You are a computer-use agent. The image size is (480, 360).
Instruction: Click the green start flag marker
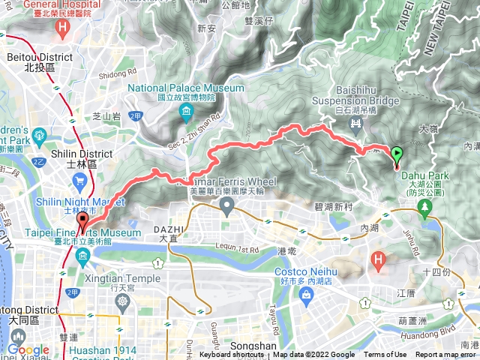pos(396,156)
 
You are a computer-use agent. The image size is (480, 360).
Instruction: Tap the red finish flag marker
pos(82,219)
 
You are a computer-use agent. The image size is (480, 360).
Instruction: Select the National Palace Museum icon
pos(186,112)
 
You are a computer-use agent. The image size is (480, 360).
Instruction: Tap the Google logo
pos(28,349)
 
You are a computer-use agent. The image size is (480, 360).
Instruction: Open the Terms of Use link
pos(385,355)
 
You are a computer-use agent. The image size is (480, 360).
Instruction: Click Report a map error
pos(445,355)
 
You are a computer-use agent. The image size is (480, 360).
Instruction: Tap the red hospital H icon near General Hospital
pos(64,27)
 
